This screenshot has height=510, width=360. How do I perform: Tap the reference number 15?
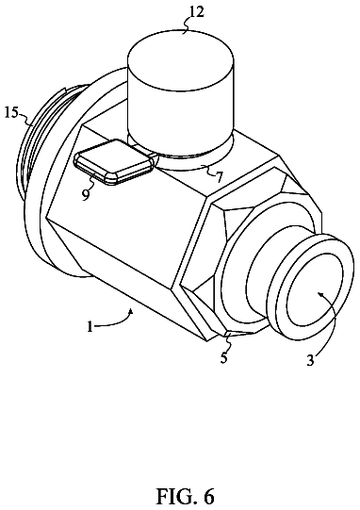point(12,113)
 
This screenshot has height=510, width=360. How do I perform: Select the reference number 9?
point(85,194)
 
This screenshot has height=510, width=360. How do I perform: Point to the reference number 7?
point(220,177)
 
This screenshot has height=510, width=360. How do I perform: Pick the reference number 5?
point(223,357)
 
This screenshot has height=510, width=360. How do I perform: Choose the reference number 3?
point(311,360)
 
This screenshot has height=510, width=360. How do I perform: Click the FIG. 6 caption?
point(186,497)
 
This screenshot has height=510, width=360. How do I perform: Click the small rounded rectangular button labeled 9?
point(113,161)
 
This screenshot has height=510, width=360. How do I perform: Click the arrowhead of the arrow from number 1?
point(131,311)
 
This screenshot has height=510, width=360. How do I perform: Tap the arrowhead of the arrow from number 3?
point(320,294)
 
